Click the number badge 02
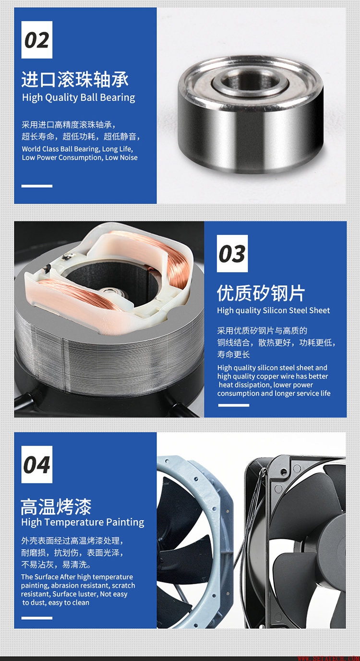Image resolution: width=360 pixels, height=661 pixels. (37, 40)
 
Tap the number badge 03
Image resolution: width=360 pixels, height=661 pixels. (232, 253)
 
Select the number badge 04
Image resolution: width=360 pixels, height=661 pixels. (37, 465)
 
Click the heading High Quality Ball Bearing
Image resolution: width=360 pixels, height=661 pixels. (79, 97)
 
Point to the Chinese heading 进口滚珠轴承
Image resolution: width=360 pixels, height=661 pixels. (75, 79)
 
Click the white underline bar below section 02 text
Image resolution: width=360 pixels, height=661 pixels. (37, 186)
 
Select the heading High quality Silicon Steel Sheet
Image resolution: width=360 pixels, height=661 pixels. (274, 311)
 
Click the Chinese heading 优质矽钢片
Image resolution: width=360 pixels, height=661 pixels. (261, 293)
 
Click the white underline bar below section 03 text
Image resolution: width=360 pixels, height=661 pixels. (234, 405)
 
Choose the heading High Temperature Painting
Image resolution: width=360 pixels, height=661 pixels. (83, 522)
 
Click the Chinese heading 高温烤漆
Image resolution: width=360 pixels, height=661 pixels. (56, 506)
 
